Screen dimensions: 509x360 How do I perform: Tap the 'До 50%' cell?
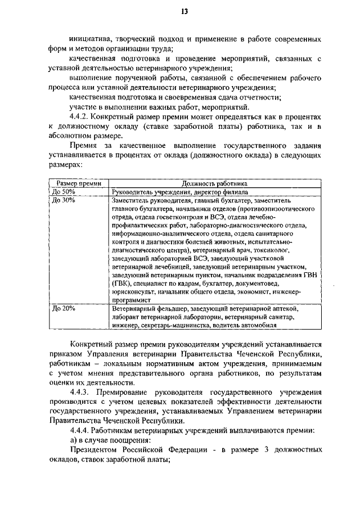(63, 191)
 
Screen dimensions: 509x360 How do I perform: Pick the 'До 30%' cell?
(63, 200)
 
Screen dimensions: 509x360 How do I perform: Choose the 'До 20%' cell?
(63, 309)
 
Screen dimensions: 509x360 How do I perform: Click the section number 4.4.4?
(80, 430)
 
